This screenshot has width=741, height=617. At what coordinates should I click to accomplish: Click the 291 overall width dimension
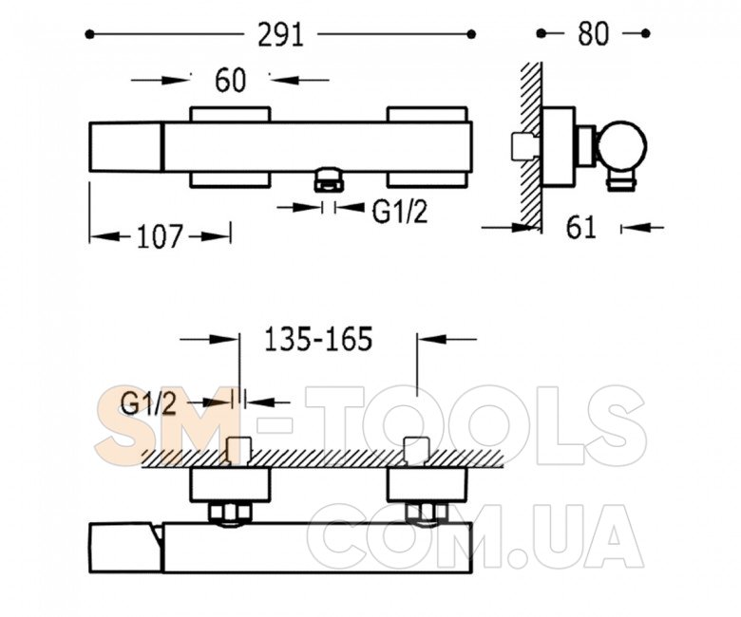tap(280, 35)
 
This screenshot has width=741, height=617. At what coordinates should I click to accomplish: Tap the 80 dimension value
tap(593, 34)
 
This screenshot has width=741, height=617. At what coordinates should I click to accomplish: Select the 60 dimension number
tap(231, 81)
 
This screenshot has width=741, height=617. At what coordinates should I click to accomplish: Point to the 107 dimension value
tap(160, 236)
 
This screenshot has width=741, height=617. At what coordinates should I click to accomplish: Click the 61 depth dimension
tap(581, 228)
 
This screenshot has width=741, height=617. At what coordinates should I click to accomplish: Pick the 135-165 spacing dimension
tap(318, 339)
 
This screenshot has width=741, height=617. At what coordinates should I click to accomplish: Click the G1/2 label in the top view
tap(400, 212)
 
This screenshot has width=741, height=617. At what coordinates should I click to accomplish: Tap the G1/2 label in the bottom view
tap(148, 404)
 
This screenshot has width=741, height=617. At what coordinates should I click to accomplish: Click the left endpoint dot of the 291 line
tap(89, 34)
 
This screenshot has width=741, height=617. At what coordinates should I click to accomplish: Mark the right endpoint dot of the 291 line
tap(470, 34)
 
